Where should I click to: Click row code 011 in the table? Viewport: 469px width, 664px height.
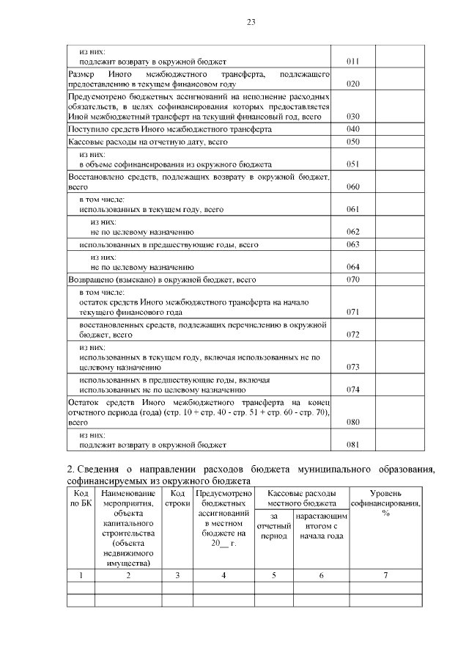(352, 62)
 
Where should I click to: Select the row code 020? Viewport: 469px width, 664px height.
(352, 84)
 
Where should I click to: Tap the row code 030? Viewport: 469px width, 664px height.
(352, 117)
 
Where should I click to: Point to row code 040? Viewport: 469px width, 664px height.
(352, 129)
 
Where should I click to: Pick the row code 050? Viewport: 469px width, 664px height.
(352, 141)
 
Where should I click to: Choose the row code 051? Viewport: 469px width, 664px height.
(352, 164)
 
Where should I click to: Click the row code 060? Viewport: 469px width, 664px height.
(352, 187)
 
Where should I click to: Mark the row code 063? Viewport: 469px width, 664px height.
(352, 244)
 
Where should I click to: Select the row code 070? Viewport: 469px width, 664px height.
(352, 280)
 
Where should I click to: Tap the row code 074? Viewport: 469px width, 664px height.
(352, 390)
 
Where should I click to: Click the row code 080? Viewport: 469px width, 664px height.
(352, 423)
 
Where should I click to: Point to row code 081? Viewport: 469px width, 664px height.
(352, 445)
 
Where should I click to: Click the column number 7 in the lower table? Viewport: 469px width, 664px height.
(385, 574)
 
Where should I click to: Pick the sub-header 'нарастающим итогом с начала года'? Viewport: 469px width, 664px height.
(321, 526)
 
